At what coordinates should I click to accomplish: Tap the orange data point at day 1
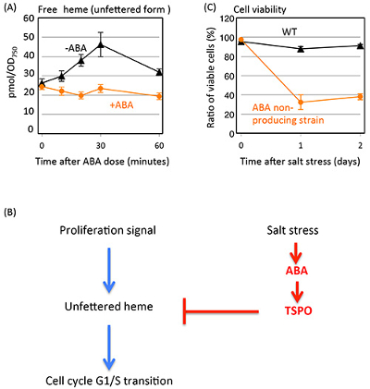(301, 102)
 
